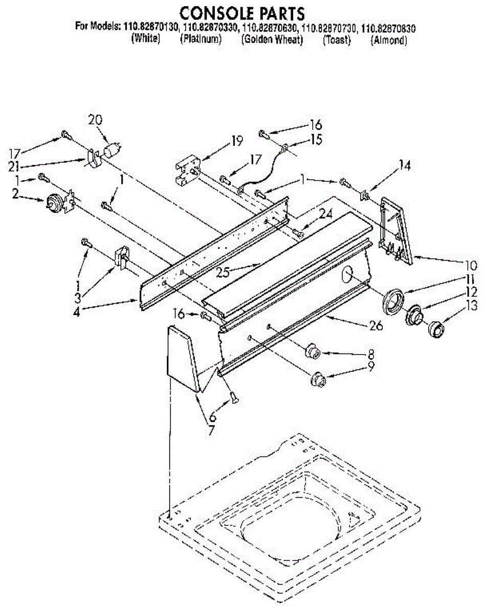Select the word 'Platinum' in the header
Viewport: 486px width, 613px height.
[201, 39]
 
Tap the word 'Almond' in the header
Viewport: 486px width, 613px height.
[388, 40]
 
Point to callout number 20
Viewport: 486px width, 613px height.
[95, 120]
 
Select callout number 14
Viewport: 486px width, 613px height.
[405, 165]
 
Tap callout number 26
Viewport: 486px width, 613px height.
[376, 326]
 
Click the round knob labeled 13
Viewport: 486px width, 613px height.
[436, 329]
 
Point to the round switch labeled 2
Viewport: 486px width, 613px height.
[54, 203]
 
